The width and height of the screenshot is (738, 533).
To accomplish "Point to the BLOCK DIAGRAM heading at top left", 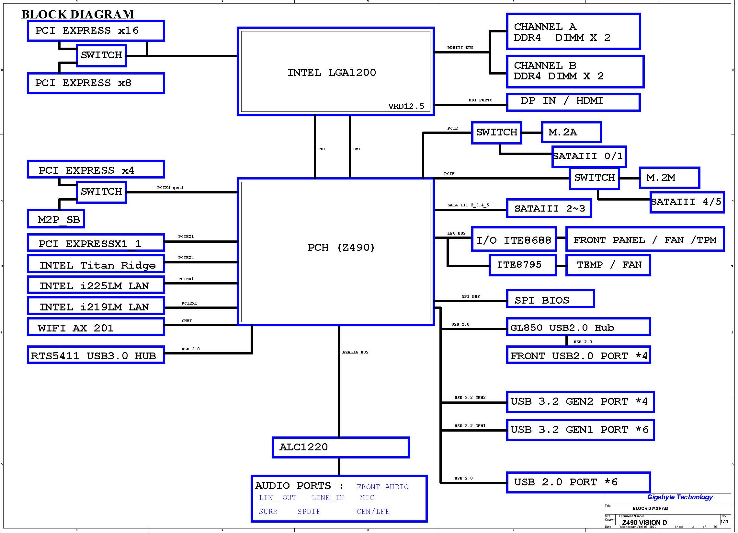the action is (x=78, y=14).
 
